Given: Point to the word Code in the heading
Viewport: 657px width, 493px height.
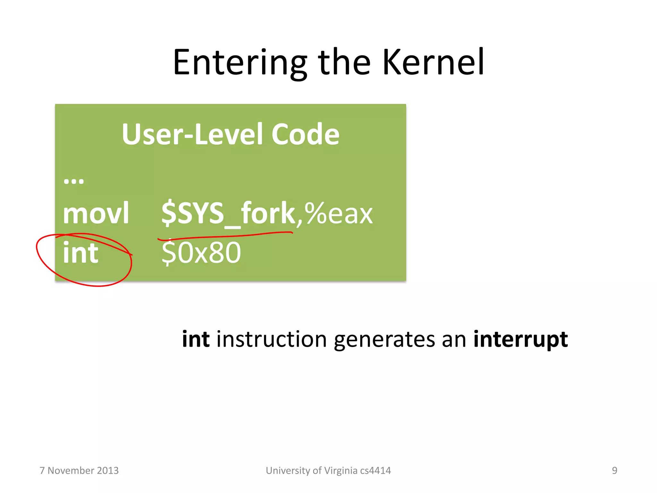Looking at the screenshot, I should click(305, 134).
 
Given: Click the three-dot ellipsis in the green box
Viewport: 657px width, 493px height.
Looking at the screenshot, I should click(73, 181).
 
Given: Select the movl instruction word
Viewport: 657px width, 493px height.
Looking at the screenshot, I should click(96, 213).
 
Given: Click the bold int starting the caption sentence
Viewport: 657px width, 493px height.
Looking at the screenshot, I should click(196, 339).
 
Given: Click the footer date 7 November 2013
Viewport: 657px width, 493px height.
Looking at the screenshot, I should click(79, 471).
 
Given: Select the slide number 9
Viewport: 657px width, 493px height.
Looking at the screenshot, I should click(614, 471).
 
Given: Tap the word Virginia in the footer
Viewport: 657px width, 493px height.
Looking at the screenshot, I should click(341, 471).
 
